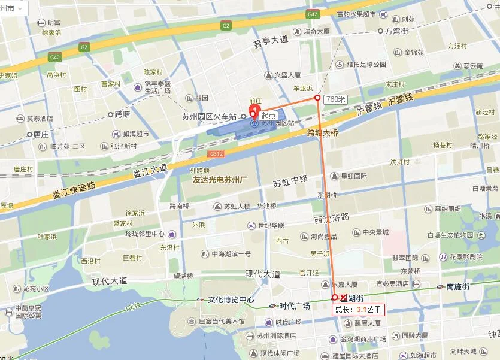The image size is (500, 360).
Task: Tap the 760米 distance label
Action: coord(335,99)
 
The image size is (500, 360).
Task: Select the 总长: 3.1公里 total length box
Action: coord(358,310)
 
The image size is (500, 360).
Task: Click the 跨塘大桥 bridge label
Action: coord(322,132)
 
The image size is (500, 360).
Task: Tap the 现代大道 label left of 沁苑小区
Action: coord(110,280)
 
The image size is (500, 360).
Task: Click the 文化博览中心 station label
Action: coord(231,300)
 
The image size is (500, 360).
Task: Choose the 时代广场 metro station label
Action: coord(294,305)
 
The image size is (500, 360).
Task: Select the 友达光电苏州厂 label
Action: coord(225,179)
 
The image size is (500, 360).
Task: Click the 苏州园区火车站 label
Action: coord(210,116)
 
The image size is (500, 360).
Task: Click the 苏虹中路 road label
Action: coord(290,180)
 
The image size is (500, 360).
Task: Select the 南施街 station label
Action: coord(458,287)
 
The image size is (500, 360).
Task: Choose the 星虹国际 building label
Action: coord(354,176)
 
